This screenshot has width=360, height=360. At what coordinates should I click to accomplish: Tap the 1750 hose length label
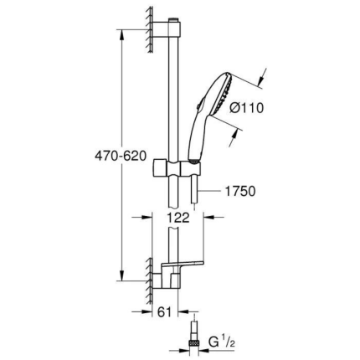tap(239, 192)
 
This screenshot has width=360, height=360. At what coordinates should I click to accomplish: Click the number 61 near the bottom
tap(167, 311)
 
